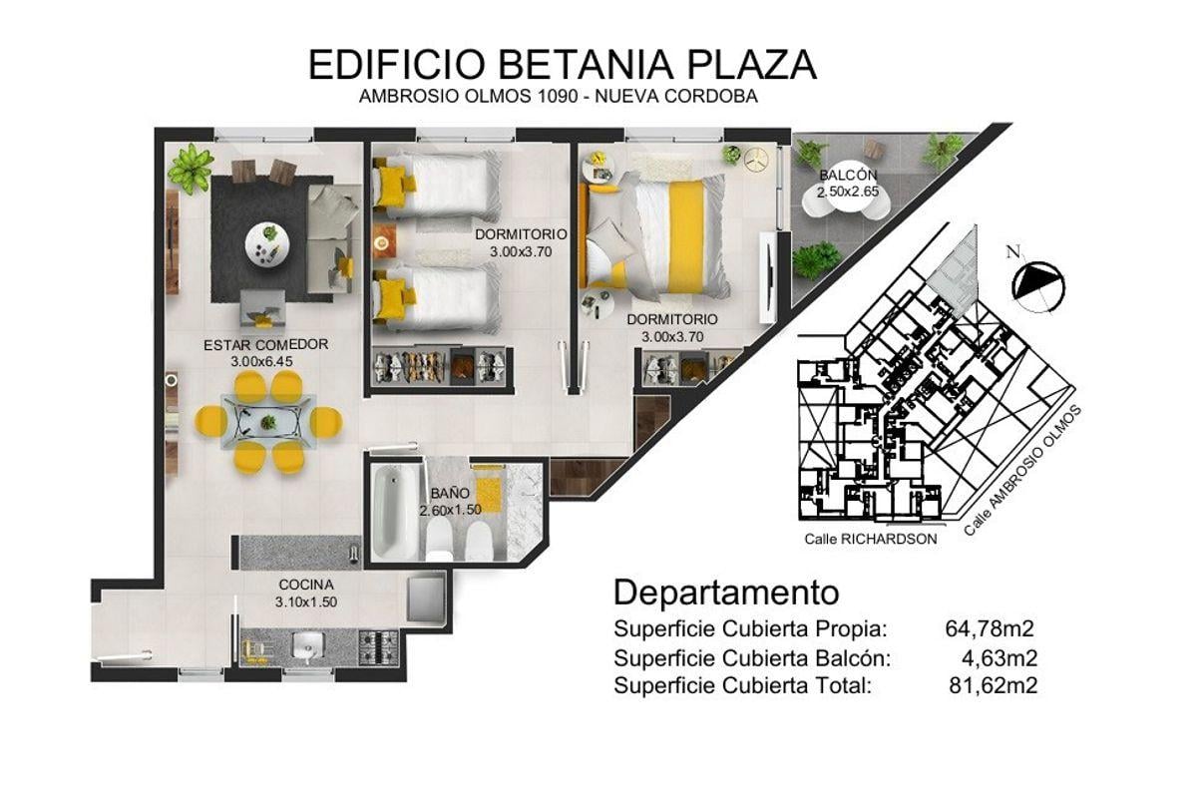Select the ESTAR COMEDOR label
pos(265,345)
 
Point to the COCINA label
pos(306,585)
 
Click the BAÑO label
pos(450,494)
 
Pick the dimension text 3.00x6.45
pos(261,362)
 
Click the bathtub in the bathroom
pos(393,512)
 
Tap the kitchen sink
pos(308,647)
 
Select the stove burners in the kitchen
pos(378,647)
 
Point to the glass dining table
pos(268,422)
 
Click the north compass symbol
pos(1037,285)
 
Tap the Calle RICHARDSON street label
pos(871,540)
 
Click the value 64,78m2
pos(990,629)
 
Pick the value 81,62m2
pos(993,685)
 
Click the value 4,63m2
pos(999,658)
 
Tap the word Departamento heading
pos(726,594)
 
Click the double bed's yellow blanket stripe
pos(684,237)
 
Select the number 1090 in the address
pos(557,96)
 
